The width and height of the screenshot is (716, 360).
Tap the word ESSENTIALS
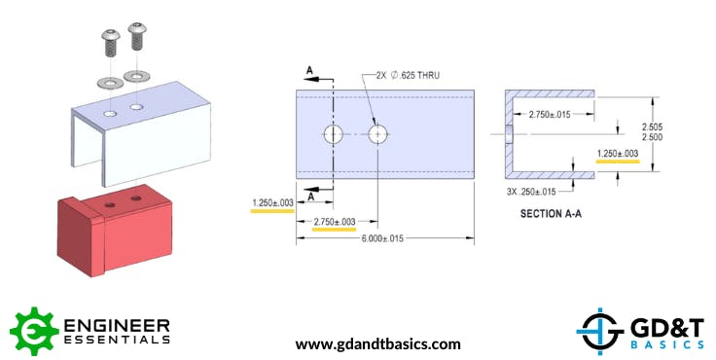116,340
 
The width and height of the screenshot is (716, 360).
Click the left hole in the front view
334,133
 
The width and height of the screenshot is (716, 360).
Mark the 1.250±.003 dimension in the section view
618,153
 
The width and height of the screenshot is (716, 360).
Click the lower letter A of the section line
311,197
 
